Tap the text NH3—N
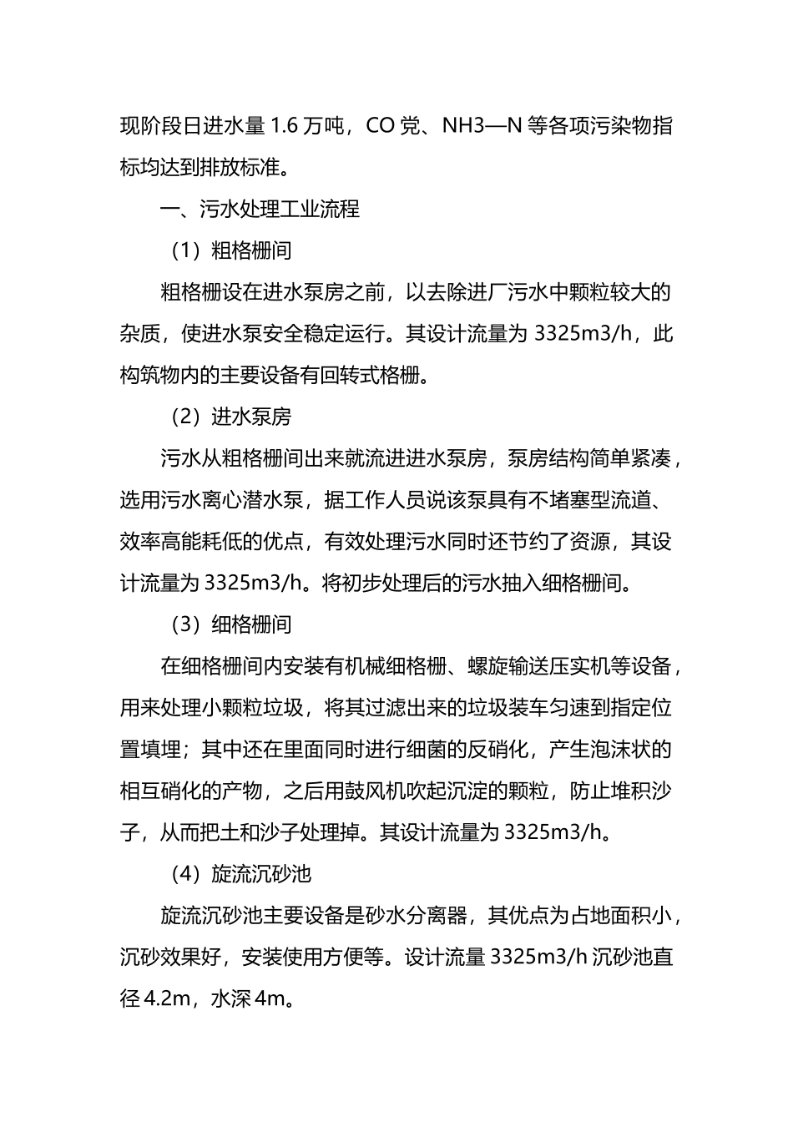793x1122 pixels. [482, 127]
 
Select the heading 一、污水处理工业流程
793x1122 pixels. [260, 209]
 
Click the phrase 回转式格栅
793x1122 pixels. [371, 376]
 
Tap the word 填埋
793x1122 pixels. [160, 749]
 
